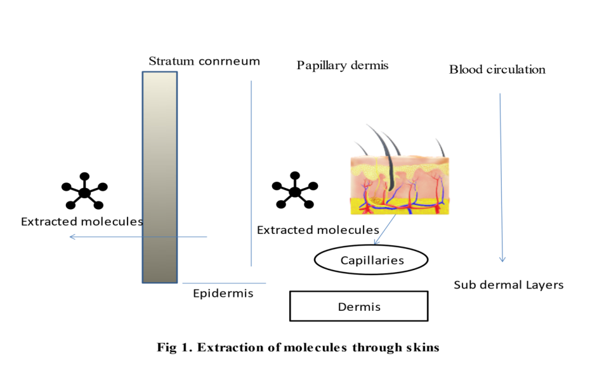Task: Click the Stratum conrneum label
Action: pyautogui.click(x=204, y=62)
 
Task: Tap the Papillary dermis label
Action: pyautogui.click(x=342, y=65)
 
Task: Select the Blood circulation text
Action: pyautogui.click(x=497, y=69)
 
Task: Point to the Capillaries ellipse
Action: pyautogui.click(x=372, y=260)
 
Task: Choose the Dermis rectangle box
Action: pyautogui.click(x=358, y=306)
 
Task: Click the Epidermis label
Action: pyautogui.click(x=223, y=293)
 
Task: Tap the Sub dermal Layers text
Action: pyautogui.click(x=508, y=285)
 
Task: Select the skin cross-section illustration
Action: pyautogui.click(x=400, y=185)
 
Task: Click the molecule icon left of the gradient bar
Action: pyautogui.click(x=84, y=192)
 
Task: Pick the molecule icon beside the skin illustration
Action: pyautogui.click(x=294, y=191)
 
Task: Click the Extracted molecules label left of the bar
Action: pyautogui.click(x=81, y=222)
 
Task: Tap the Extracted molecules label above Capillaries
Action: pyautogui.click(x=317, y=230)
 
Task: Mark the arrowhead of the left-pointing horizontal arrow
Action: pyautogui.click(x=72, y=237)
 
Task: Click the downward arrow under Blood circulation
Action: pyautogui.click(x=501, y=178)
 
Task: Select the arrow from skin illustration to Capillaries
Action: pyautogui.click(x=385, y=230)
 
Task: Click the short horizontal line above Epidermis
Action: pyautogui.click(x=223, y=283)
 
